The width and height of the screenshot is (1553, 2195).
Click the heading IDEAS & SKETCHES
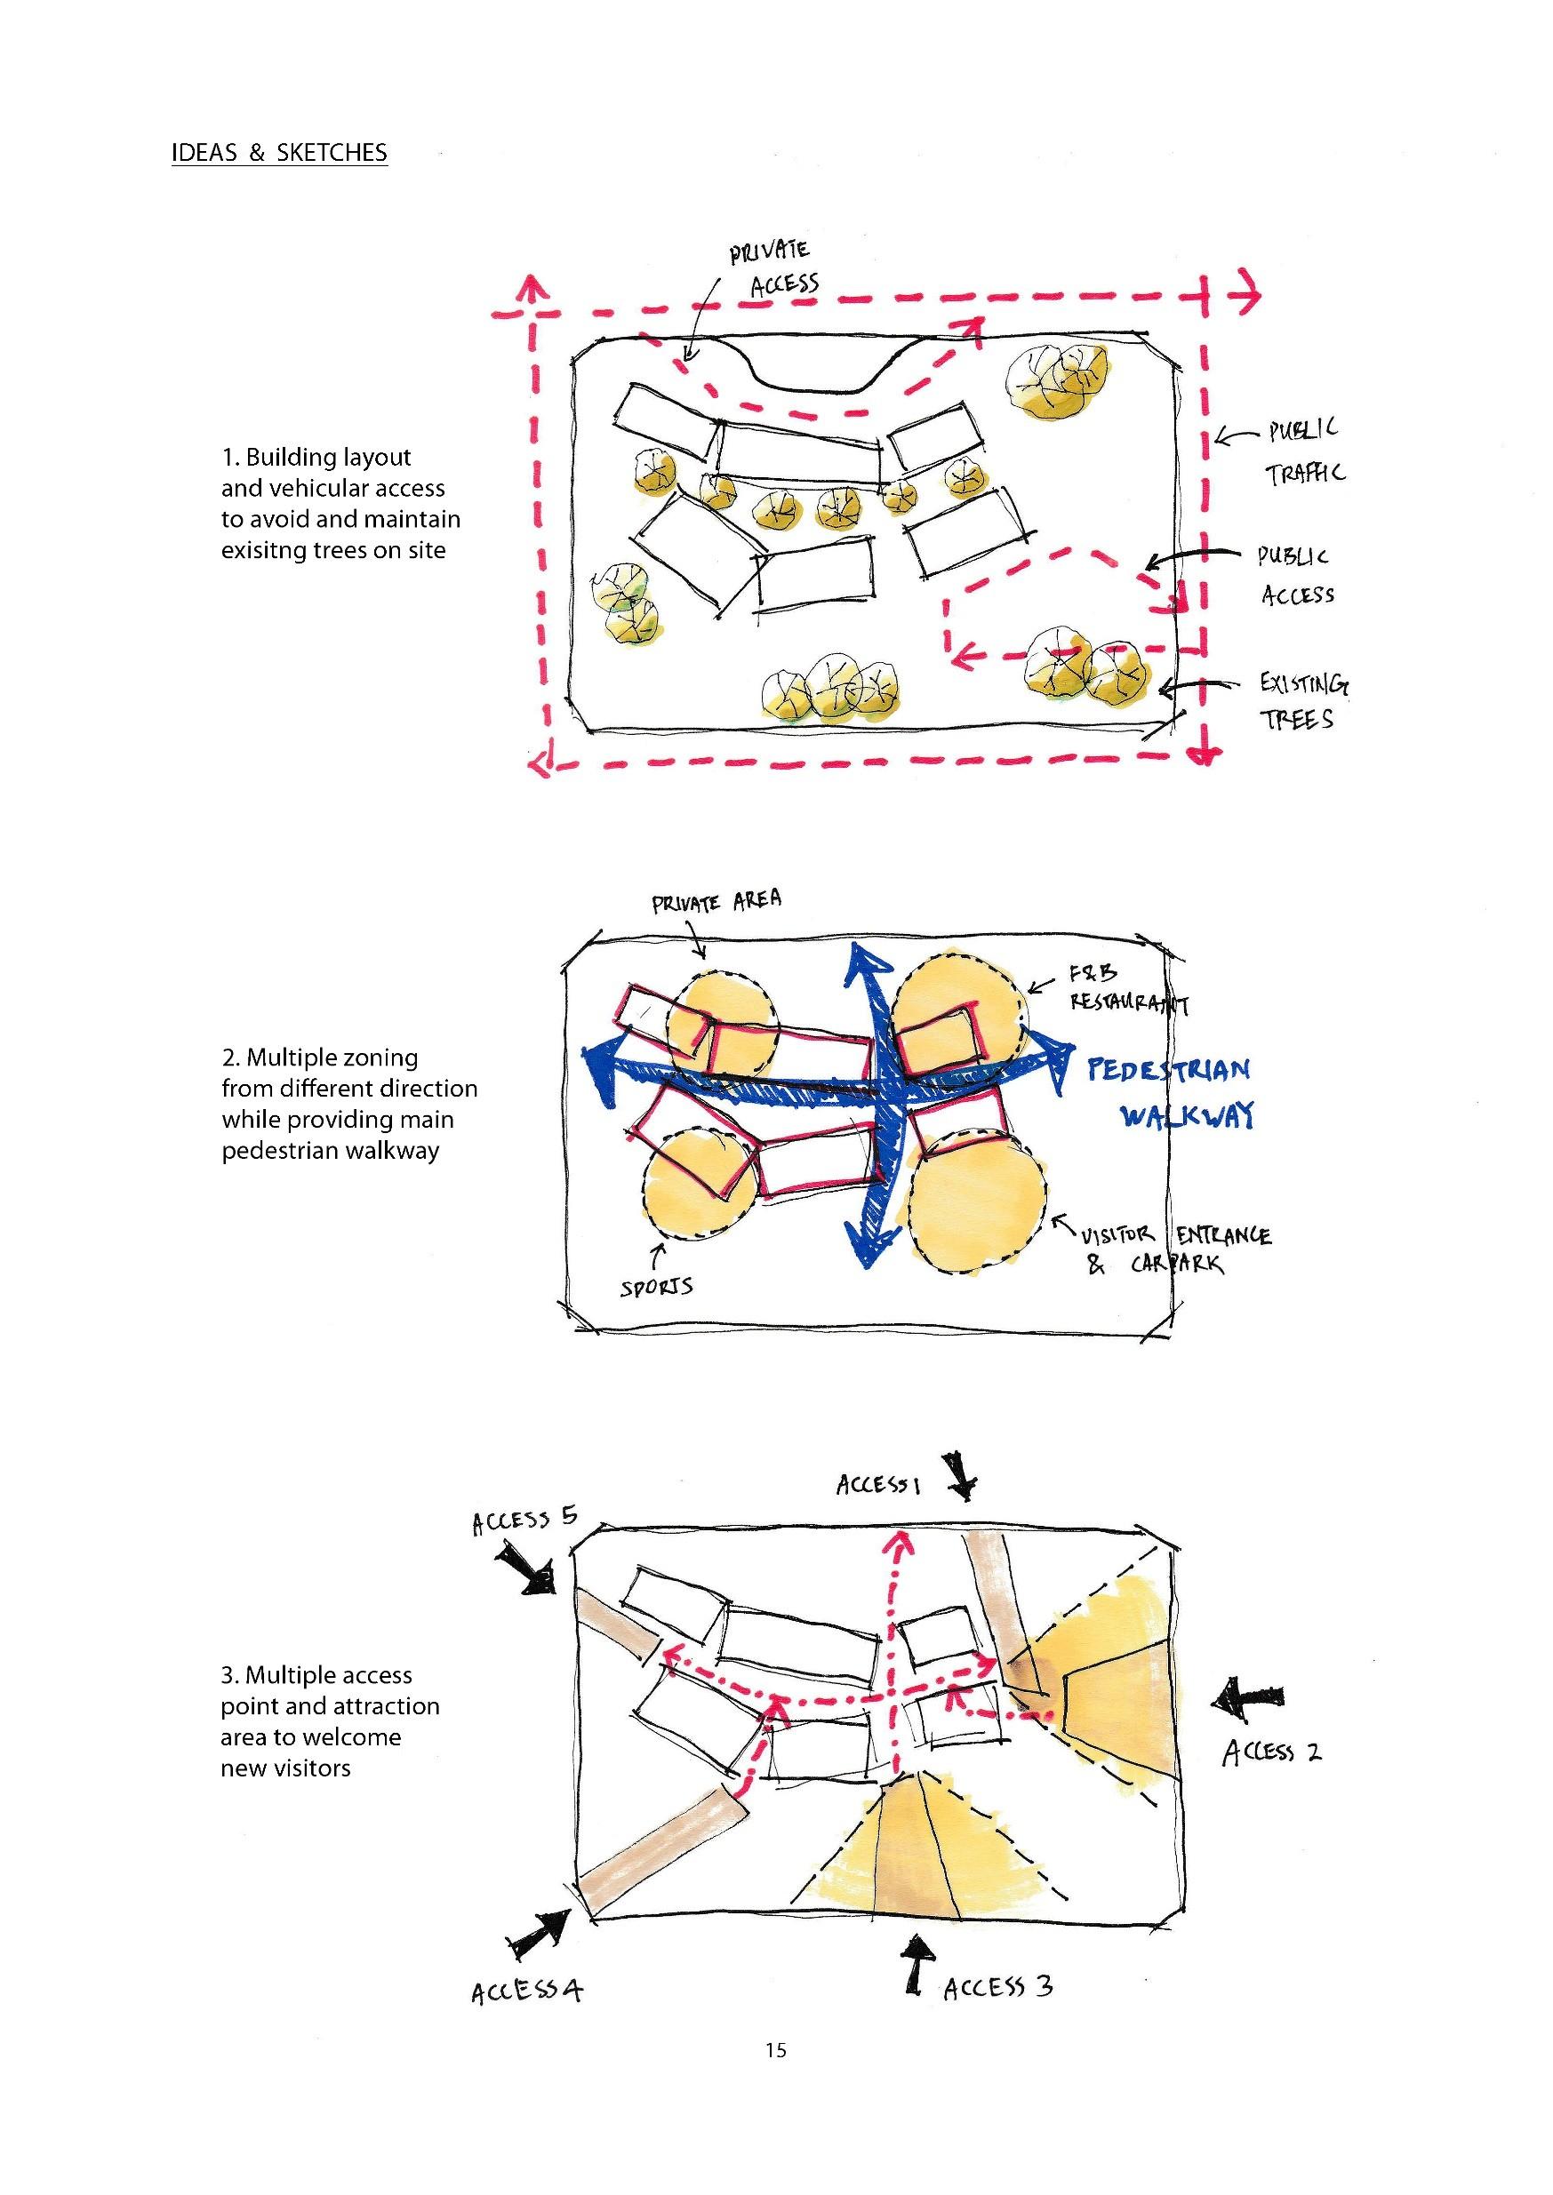pyautogui.click(x=279, y=153)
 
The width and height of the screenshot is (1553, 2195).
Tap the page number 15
pyautogui.click(x=775, y=2049)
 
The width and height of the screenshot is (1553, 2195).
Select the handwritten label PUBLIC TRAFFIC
pyautogui.click(x=1304, y=451)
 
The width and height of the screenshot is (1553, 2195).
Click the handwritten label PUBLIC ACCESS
pyautogui.click(x=1295, y=576)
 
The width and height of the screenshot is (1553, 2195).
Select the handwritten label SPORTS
pyautogui.click(x=656, y=1287)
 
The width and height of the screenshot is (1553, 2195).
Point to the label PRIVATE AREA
pyautogui.click(x=716, y=901)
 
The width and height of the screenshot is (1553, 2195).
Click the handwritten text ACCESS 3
pyautogui.click(x=997, y=1988)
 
